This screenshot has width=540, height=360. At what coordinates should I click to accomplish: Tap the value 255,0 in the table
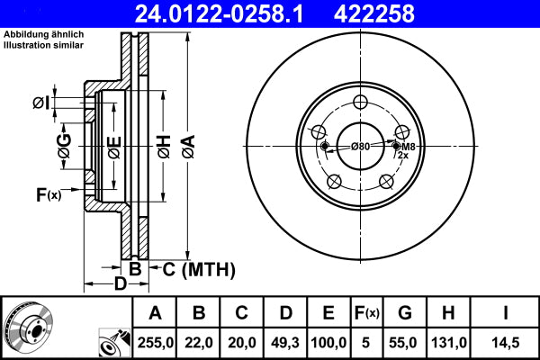tap(156, 342)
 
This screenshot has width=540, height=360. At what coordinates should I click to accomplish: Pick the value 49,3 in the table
tap(284, 342)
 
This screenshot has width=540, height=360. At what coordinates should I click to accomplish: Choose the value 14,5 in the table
tap(508, 342)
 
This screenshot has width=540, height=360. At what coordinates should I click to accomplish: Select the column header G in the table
tap(406, 314)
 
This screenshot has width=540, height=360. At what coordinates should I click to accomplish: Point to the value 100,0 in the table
tap(328, 342)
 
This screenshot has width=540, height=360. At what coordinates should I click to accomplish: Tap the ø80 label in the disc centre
tap(361, 147)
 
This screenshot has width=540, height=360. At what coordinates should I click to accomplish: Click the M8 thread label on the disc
tap(408, 147)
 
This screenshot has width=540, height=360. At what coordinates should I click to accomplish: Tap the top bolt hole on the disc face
tap(361, 102)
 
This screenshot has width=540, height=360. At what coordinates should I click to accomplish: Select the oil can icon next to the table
tap(112, 342)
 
